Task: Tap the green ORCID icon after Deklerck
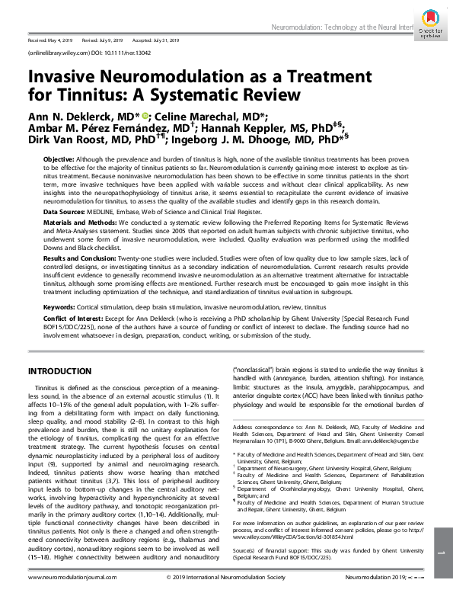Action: (x=145, y=114)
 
